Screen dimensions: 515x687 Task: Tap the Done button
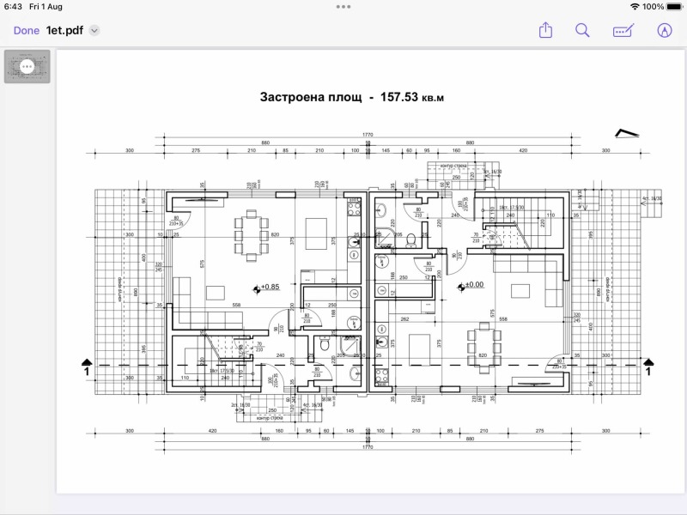pos(26,30)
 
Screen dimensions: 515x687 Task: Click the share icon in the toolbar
pos(545,30)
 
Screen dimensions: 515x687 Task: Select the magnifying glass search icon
pos(582,30)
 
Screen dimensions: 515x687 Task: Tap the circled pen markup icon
pos(664,30)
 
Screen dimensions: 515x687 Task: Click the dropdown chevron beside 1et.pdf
pos(94,30)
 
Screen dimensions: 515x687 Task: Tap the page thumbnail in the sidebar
pos(27,66)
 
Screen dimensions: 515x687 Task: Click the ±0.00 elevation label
pos(472,285)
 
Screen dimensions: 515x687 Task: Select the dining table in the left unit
pos(250,234)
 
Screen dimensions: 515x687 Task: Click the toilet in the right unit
pos(411,238)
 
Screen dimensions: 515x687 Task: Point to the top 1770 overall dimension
pos(368,134)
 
